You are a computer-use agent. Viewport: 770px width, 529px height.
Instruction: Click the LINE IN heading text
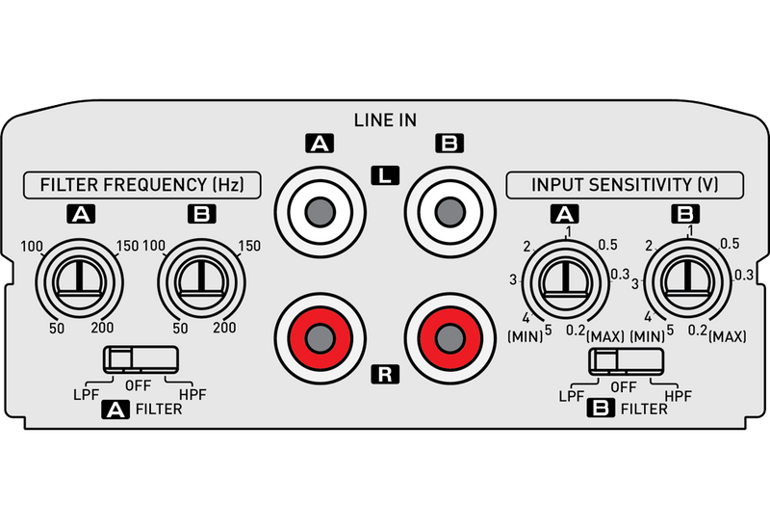(x=385, y=119)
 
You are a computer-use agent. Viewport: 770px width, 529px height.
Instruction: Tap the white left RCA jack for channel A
(x=321, y=212)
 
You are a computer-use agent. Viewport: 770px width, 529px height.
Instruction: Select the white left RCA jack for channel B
(x=449, y=212)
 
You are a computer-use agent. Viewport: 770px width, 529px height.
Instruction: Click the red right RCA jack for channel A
(x=321, y=338)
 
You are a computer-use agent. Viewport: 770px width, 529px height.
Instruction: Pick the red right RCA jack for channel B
(x=449, y=338)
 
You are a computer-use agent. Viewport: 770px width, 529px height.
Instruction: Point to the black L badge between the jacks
(x=385, y=175)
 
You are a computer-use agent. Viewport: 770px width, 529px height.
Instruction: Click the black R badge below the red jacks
(x=385, y=374)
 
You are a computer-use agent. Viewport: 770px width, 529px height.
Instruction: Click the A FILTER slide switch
(x=141, y=358)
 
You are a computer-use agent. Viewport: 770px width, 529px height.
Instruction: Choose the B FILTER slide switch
(x=627, y=360)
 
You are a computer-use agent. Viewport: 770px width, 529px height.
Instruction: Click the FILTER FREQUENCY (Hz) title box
(x=141, y=185)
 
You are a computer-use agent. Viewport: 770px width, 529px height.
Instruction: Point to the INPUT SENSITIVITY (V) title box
(x=625, y=185)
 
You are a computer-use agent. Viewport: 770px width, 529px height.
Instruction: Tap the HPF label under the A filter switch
(x=192, y=395)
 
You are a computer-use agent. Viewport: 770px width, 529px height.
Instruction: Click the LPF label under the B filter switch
(x=572, y=396)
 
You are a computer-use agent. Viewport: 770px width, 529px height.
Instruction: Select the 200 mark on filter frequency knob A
(x=102, y=328)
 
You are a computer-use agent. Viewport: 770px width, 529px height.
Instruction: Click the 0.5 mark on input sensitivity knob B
(x=730, y=244)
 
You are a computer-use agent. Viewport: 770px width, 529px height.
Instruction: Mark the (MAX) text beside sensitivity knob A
(x=605, y=337)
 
